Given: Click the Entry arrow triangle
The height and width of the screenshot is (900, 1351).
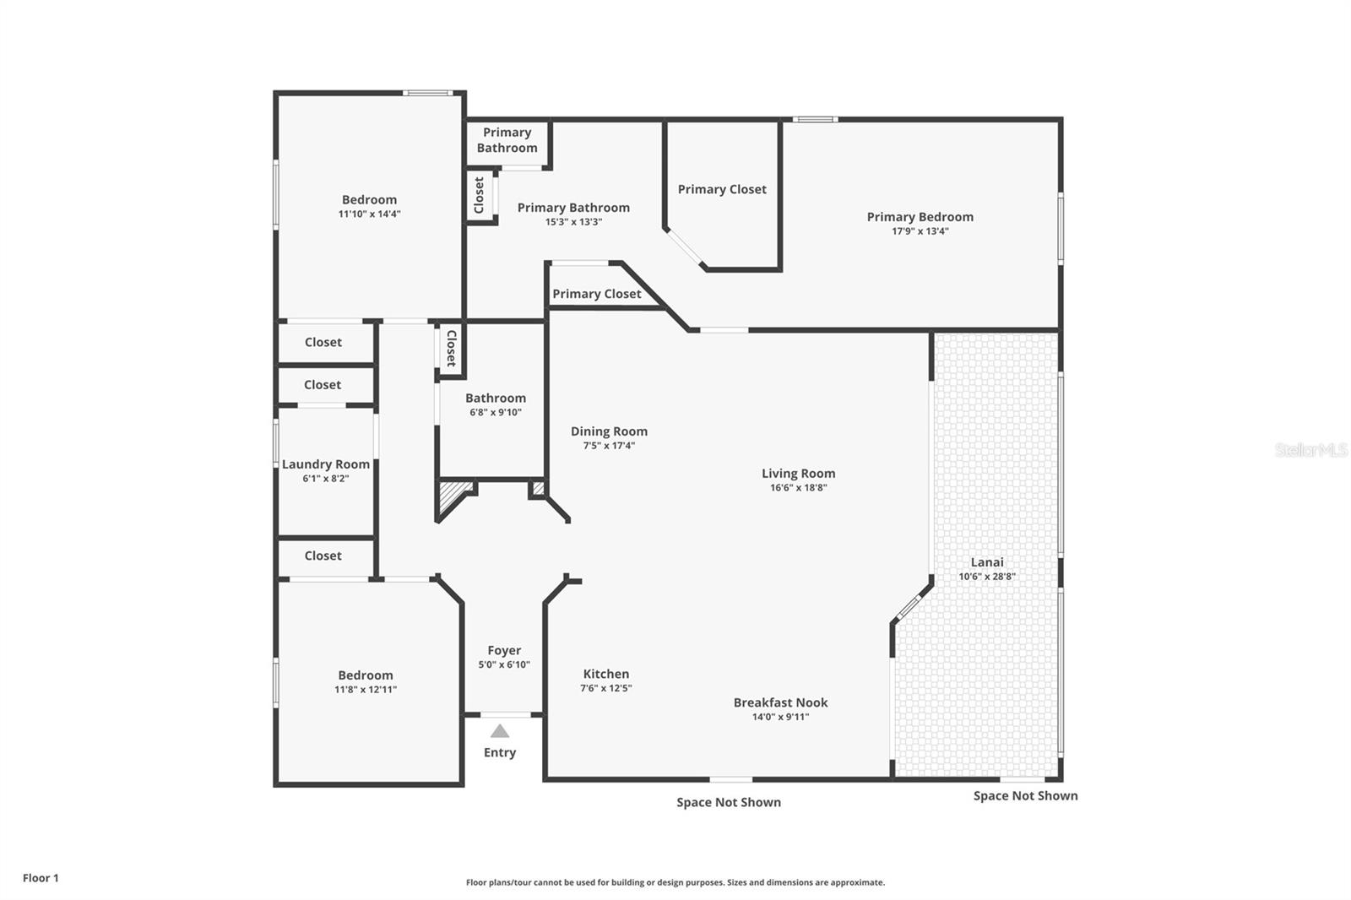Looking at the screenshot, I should pyautogui.click(x=500, y=731).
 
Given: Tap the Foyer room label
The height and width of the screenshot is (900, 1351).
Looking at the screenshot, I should pyautogui.click(x=504, y=650).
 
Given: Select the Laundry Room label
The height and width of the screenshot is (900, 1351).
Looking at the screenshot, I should pyautogui.click(x=326, y=464).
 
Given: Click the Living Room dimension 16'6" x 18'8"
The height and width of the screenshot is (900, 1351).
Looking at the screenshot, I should pyautogui.click(x=798, y=488).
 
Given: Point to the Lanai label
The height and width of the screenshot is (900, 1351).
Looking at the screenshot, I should pyautogui.click(x=987, y=562).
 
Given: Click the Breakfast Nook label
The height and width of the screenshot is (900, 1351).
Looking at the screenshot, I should pyautogui.click(x=780, y=702).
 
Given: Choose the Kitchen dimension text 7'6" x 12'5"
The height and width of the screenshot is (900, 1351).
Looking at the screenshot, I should pyautogui.click(x=605, y=688).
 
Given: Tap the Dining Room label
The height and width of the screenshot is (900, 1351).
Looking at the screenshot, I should pyautogui.click(x=609, y=431).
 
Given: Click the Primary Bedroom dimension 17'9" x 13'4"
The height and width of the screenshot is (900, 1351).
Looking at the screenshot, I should pyautogui.click(x=920, y=231).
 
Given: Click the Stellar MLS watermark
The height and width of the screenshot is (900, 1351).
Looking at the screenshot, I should pyautogui.click(x=1310, y=450).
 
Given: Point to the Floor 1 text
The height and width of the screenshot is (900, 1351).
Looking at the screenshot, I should pyautogui.click(x=41, y=878).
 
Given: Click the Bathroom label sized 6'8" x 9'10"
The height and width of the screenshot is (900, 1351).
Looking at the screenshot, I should pyautogui.click(x=496, y=398).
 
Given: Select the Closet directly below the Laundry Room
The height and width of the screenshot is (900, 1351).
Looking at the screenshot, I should pyautogui.click(x=323, y=556).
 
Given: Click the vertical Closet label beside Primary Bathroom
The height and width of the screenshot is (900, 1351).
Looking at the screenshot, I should pyautogui.click(x=480, y=195).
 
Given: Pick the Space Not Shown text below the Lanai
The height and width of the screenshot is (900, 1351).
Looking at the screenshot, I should pyautogui.click(x=1025, y=795).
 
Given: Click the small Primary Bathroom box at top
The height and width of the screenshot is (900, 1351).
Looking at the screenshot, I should pyautogui.click(x=507, y=140).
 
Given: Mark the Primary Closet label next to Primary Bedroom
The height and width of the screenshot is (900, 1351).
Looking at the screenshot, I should pyautogui.click(x=722, y=189).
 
